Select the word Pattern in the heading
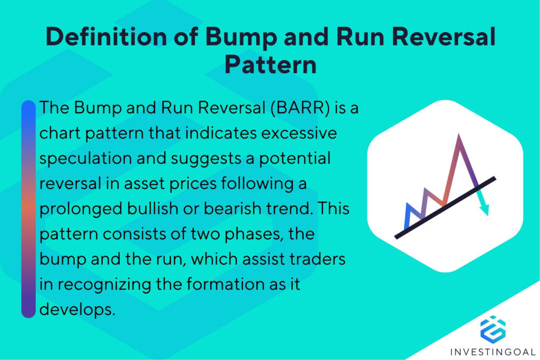pyautogui.click(x=270, y=66)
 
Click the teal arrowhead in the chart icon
pyautogui.click(x=484, y=209)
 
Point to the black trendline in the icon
pyautogui.click(x=446, y=208)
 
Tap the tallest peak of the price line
pyautogui.click(x=459, y=137)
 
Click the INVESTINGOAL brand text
pyautogui.click(x=493, y=351)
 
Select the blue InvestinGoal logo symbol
pyautogui.click(x=493, y=327)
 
